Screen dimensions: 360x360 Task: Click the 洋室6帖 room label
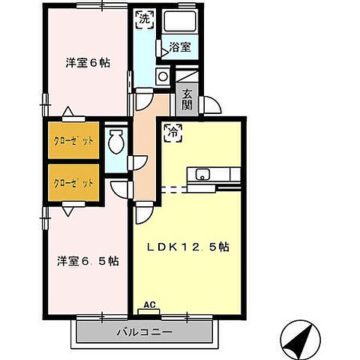[88, 64]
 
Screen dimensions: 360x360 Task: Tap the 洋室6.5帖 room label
[88, 261]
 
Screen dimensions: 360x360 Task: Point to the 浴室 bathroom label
[179, 47]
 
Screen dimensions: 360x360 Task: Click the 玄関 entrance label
[187, 100]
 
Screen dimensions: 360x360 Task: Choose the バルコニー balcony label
[145, 331]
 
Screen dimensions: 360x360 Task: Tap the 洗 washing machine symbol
[143, 16]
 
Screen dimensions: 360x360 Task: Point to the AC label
[149, 304]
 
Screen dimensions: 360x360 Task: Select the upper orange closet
[73, 140]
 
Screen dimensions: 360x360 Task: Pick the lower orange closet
[73, 182]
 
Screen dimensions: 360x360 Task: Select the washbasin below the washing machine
[161, 75]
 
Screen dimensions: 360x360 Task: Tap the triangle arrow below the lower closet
[68, 211]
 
